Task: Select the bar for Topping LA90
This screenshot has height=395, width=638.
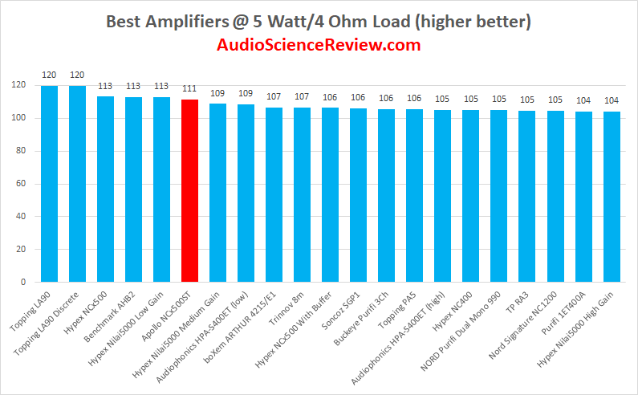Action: pyautogui.click(x=49, y=185)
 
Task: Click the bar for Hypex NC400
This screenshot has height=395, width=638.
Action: pyautogui.click(x=470, y=197)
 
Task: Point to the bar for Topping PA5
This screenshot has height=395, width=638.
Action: pyautogui.click(x=414, y=196)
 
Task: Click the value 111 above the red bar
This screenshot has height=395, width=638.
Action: pyautogui.click(x=189, y=89)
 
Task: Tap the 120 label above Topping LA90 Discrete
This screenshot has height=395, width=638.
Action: pyautogui.click(x=77, y=75)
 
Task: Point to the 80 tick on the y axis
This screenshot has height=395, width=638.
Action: pyautogui.click(x=19, y=151)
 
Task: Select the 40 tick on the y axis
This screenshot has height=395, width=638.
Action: pyautogui.click(x=19, y=217)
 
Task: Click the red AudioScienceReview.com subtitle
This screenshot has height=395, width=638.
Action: pyautogui.click(x=319, y=45)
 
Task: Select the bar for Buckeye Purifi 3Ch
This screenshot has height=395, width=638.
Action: pyautogui.click(x=386, y=196)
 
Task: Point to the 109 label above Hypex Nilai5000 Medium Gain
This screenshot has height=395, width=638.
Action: pyautogui.click(x=217, y=93)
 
